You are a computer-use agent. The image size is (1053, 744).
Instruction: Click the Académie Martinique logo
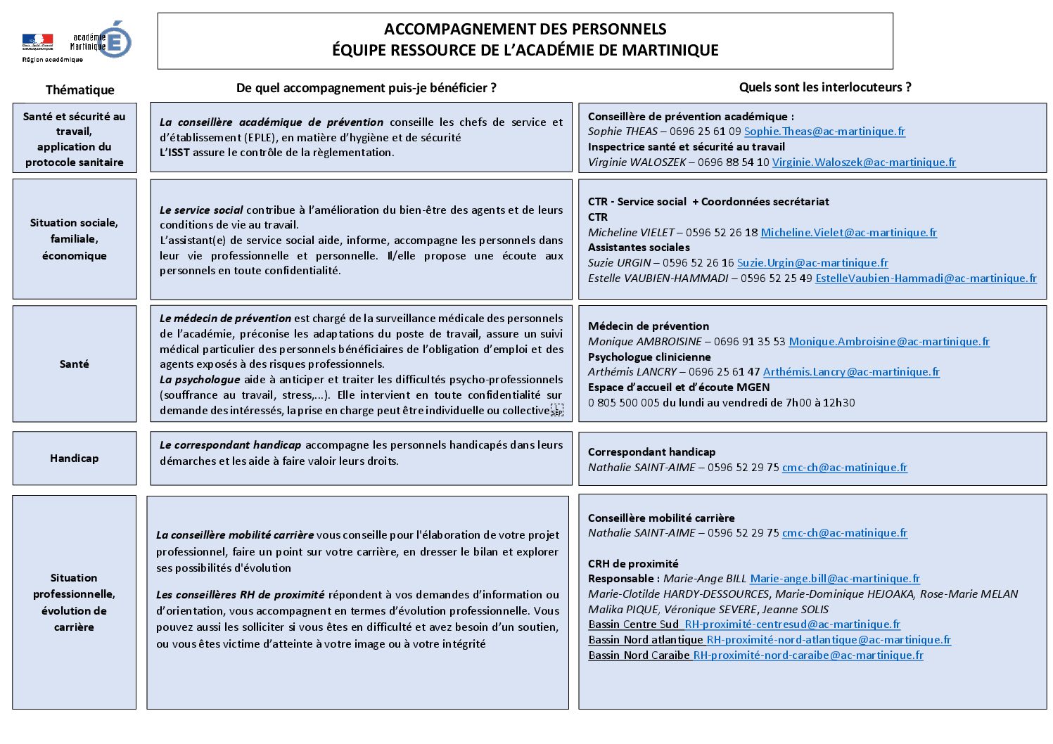(x=101, y=41)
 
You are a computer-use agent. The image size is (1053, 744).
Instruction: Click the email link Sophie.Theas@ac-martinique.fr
(x=824, y=132)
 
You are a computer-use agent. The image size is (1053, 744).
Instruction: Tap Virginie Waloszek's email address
(x=864, y=162)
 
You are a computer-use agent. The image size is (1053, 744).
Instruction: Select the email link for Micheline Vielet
(x=848, y=233)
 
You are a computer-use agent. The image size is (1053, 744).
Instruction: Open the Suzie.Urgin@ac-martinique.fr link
(x=812, y=263)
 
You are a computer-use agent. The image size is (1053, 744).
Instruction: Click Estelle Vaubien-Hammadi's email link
(x=926, y=278)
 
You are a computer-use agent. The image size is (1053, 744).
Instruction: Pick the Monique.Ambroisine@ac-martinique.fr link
(x=889, y=342)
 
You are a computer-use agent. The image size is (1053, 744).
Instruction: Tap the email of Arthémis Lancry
(x=851, y=372)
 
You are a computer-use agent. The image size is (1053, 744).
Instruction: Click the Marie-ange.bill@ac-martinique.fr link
(x=835, y=579)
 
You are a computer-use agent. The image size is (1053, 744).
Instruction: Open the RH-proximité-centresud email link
(x=792, y=624)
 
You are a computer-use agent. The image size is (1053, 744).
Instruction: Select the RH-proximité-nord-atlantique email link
(x=829, y=640)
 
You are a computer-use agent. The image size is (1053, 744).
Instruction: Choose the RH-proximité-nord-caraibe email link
(x=808, y=655)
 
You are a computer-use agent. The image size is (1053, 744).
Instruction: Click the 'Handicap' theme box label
(x=74, y=458)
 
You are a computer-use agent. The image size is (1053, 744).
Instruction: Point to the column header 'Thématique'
(x=79, y=90)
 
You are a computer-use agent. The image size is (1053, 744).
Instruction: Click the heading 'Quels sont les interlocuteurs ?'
(x=824, y=87)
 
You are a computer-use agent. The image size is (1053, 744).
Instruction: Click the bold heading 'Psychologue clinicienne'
(x=649, y=357)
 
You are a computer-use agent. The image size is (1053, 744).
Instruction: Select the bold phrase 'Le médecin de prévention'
(x=225, y=319)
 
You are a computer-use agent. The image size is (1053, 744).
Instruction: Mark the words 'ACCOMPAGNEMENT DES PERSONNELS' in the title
(x=525, y=30)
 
